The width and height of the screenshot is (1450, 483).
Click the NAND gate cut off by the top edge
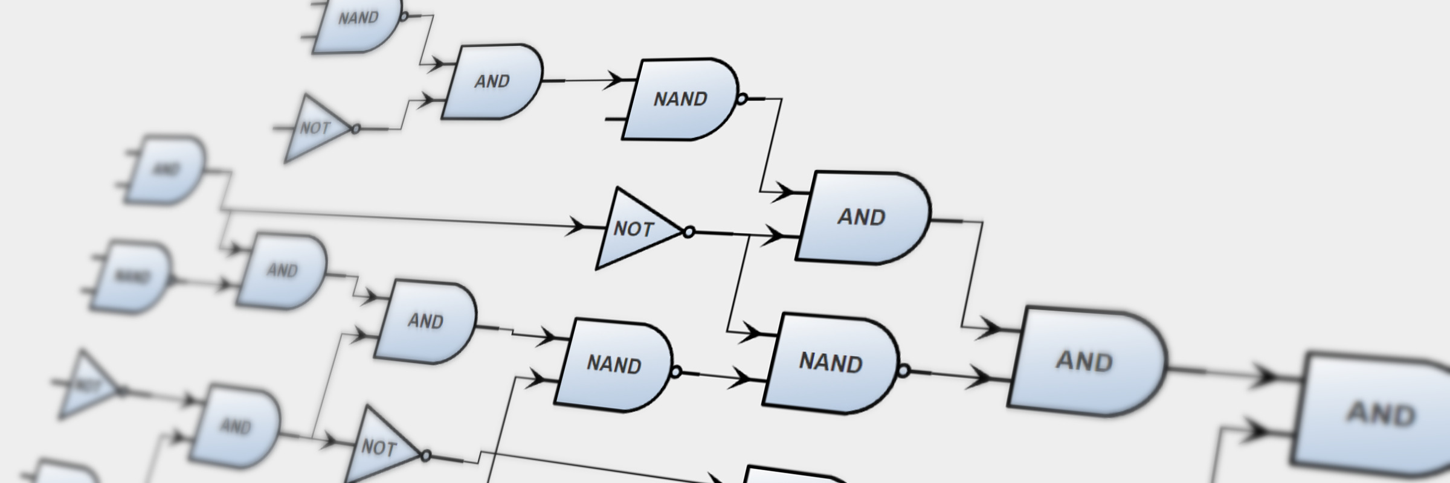[x=356, y=21]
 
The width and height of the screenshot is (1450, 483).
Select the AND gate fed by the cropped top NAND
[x=492, y=82]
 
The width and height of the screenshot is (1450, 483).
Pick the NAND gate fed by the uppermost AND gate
[x=680, y=99]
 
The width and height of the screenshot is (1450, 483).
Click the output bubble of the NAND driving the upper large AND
[x=742, y=98]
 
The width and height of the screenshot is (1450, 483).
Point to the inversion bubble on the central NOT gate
[x=688, y=232]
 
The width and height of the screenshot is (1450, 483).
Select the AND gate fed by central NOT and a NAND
[x=861, y=217]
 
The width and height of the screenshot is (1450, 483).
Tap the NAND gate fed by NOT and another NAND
[x=831, y=362]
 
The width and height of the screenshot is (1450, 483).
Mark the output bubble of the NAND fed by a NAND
[x=903, y=371]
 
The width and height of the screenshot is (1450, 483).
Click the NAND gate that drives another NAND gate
[x=613, y=364]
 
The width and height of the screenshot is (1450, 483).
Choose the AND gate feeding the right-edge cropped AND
[x=1084, y=361]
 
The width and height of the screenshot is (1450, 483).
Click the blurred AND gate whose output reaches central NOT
[x=166, y=170]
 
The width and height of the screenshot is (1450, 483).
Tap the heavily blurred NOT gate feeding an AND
[x=88, y=385]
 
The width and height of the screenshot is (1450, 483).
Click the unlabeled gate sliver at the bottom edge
[x=785, y=476]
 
